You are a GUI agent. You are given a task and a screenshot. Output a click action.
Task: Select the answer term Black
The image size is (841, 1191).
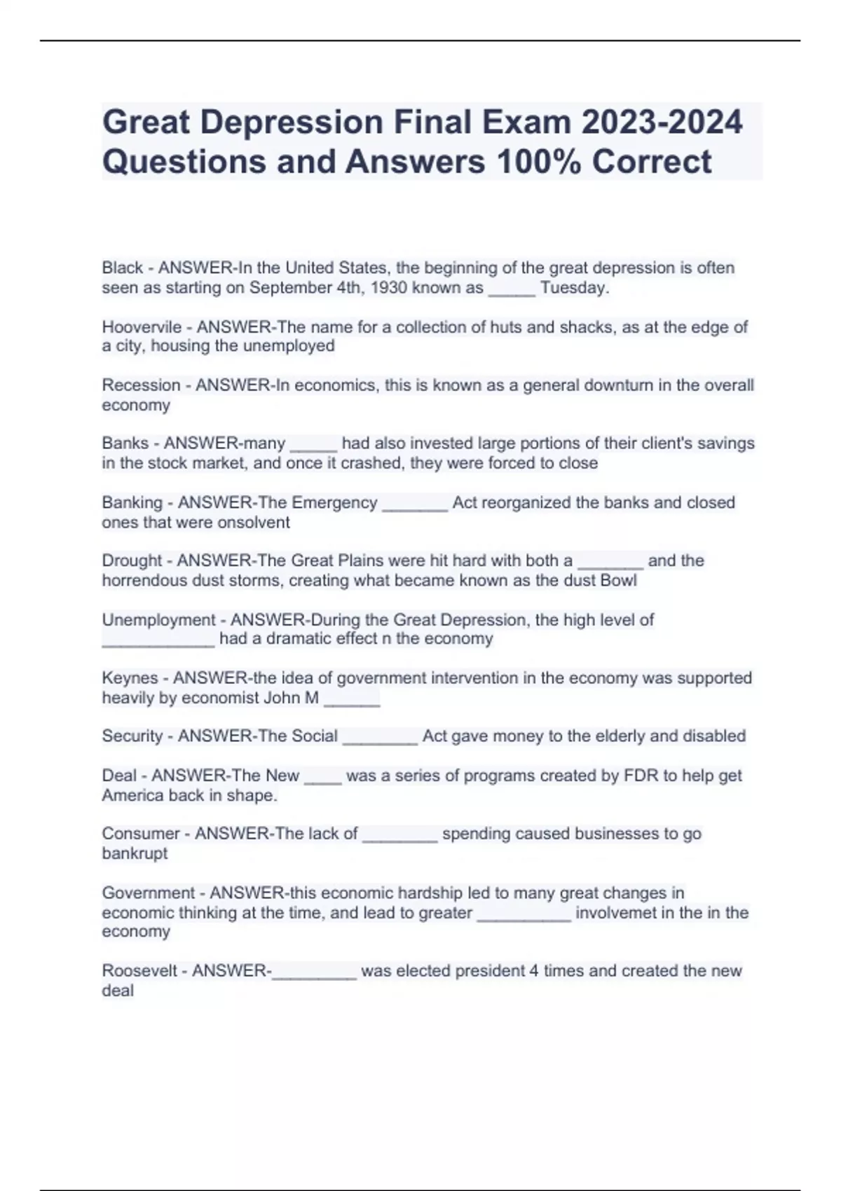point(122,268)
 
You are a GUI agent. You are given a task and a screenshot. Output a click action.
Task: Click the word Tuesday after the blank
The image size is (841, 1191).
point(573,288)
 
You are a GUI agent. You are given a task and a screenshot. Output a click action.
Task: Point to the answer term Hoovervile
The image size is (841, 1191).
point(142,327)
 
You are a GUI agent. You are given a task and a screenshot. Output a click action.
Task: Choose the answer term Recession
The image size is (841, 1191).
point(141,385)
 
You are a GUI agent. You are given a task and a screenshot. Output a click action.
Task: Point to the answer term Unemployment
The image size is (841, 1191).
point(158,620)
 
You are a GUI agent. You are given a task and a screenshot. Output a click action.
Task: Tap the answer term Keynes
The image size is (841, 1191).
point(130,678)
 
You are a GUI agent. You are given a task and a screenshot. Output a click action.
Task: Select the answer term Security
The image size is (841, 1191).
point(132,736)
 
